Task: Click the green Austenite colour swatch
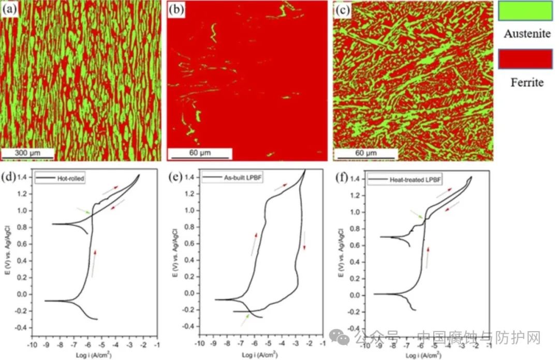click(x=524, y=11)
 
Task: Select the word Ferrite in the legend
click(x=524, y=83)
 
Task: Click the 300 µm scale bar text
click(x=27, y=153)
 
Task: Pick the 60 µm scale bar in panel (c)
click(x=365, y=153)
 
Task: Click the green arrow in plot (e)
click(x=244, y=320)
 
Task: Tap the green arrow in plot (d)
click(x=83, y=211)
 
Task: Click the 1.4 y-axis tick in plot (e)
click(x=190, y=177)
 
